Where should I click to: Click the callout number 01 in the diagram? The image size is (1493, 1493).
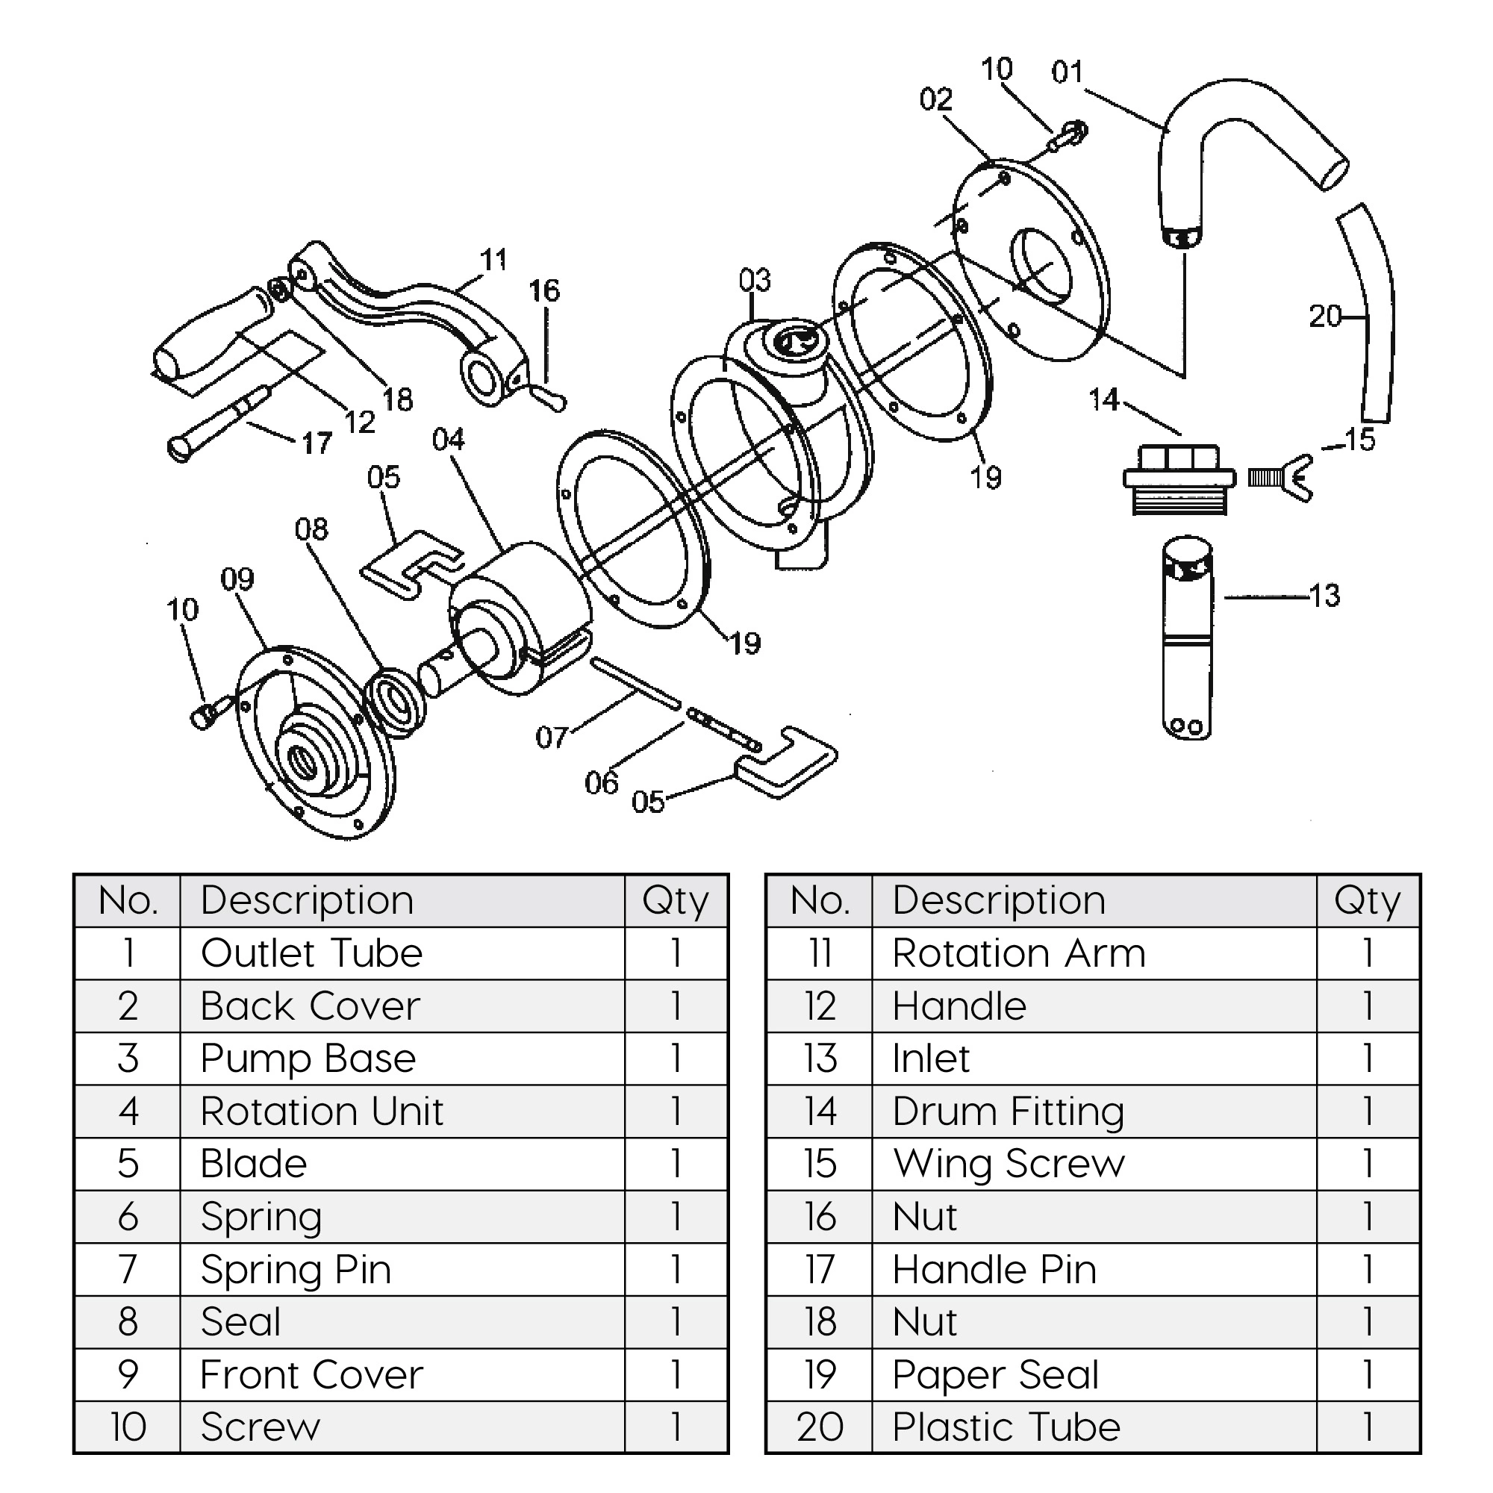click(x=1067, y=72)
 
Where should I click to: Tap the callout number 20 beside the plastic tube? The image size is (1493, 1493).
click(x=1324, y=316)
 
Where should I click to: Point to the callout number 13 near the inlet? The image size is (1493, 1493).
click(x=1324, y=596)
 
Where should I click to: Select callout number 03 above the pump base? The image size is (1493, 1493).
click(x=754, y=280)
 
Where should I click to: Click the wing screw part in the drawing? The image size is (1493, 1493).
click(x=1281, y=479)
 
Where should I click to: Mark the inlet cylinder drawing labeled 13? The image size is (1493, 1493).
click(x=1187, y=638)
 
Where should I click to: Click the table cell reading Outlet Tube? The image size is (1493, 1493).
click(x=311, y=953)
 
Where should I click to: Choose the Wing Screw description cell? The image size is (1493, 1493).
click(x=1009, y=1163)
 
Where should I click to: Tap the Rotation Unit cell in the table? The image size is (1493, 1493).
click(x=322, y=1112)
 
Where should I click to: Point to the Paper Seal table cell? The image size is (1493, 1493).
click(x=995, y=1375)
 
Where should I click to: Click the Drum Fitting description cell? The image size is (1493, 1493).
click(x=1008, y=1112)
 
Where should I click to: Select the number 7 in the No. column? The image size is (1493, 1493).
click(x=128, y=1270)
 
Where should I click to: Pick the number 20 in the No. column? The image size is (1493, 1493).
click(x=819, y=1427)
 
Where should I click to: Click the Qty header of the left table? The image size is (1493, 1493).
click(x=676, y=901)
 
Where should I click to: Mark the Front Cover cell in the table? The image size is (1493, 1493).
click(x=311, y=1375)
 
